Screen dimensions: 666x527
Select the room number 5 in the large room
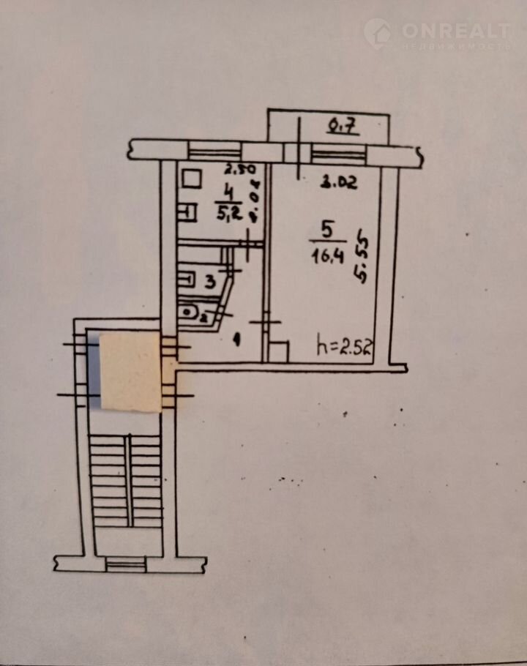click(x=326, y=230)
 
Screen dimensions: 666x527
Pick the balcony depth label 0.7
click(x=343, y=127)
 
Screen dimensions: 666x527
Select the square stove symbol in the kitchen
click(x=193, y=179)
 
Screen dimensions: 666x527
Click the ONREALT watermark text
click(x=455, y=31)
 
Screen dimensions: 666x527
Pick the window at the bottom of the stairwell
click(x=125, y=563)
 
